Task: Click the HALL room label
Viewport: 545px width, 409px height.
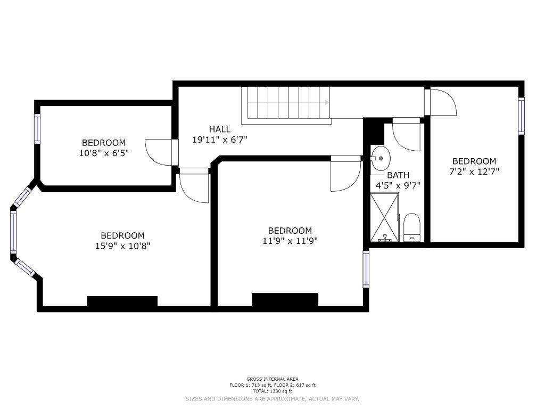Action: point(220,129)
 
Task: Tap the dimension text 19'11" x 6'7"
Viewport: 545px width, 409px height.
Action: point(220,140)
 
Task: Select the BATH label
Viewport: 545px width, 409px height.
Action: point(398,175)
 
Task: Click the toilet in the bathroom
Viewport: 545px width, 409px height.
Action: point(412,227)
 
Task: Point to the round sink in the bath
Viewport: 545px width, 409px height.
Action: point(380,158)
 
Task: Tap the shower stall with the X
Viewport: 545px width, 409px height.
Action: point(384,217)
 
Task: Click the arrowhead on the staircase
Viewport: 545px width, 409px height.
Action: point(327,102)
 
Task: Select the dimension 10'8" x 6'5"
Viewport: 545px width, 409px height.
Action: point(104,153)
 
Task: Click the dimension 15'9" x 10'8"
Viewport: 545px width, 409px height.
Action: point(123,246)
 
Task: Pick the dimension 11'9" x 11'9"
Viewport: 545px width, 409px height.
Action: point(290,241)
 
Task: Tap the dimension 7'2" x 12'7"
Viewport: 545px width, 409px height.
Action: point(474,171)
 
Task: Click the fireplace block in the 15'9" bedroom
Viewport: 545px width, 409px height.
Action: point(122,301)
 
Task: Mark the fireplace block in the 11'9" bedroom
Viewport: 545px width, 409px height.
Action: point(285,300)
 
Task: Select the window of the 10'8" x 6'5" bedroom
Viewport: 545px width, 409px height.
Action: point(37,129)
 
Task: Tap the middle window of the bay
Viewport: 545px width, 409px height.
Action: point(13,232)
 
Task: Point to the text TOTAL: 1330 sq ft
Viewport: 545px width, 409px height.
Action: point(272,391)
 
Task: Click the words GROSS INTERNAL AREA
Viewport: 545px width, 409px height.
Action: point(272,379)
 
